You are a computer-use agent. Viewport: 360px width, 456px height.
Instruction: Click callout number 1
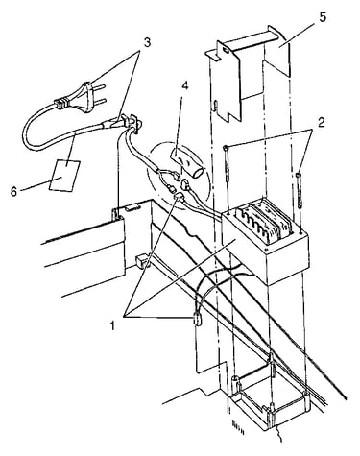(x=112, y=325)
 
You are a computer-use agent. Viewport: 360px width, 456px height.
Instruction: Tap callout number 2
(x=322, y=122)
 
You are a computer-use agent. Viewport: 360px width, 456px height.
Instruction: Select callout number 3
(x=147, y=43)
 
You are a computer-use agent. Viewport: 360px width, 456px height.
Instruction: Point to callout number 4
(x=184, y=87)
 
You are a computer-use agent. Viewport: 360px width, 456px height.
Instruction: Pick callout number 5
(x=323, y=17)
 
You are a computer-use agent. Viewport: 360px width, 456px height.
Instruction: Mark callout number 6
(x=13, y=192)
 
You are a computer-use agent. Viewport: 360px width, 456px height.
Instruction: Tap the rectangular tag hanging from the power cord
(x=64, y=176)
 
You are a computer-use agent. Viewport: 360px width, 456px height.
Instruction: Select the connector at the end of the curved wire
(x=198, y=319)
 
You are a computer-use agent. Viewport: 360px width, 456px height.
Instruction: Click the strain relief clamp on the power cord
(x=132, y=123)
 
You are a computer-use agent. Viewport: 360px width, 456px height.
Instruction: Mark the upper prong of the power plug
(x=100, y=87)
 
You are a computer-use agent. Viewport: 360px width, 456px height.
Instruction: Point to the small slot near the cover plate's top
(x=227, y=51)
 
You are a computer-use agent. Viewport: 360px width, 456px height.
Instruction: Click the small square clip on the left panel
(x=141, y=261)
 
